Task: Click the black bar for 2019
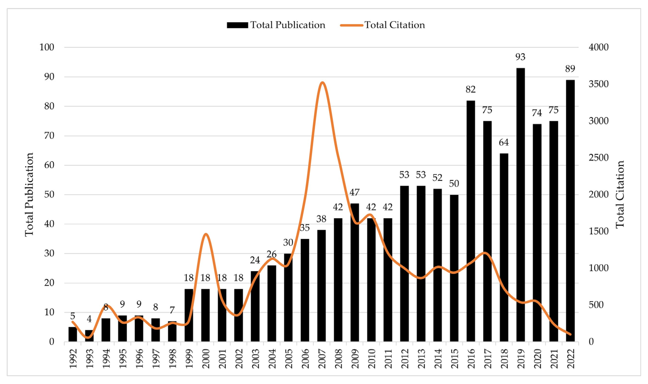[x=520, y=205]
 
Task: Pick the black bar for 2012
[x=404, y=264]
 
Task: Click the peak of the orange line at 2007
[x=322, y=83]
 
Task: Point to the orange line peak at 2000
[x=206, y=234]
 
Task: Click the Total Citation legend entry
[x=383, y=25]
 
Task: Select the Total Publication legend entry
[x=276, y=25]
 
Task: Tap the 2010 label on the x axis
[x=371, y=359]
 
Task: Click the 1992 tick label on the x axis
[x=73, y=359]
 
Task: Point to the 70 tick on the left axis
[x=49, y=136]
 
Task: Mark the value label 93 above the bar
[x=520, y=57]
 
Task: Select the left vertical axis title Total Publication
[x=29, y=194]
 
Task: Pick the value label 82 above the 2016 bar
[x=471, y=89]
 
